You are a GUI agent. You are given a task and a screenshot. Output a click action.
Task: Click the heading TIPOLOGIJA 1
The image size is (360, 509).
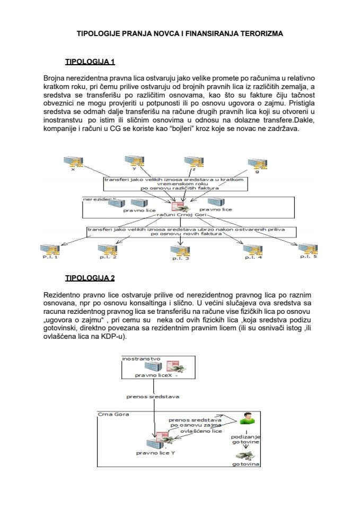tap(89, 62)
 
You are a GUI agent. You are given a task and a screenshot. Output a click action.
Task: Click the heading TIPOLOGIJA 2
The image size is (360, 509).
tap(89, 277)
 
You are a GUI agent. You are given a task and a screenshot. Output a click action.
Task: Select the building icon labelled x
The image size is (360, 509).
tap(71, 161)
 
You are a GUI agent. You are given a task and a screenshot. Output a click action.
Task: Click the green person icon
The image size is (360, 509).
tap(245, 418)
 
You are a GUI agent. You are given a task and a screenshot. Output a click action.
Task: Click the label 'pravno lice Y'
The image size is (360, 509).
tap(155, 453)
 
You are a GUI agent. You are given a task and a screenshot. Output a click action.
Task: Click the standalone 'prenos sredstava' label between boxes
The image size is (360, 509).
tap(153, 396)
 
